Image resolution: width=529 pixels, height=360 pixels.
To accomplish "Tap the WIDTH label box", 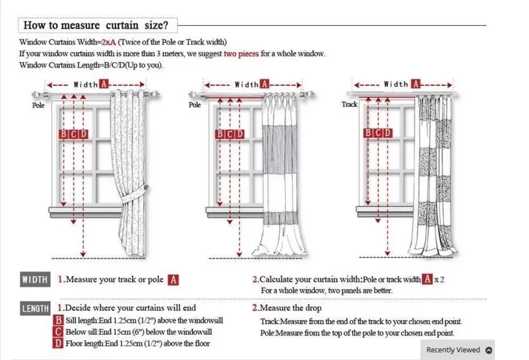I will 35,279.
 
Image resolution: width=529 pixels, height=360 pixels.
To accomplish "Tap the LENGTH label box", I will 35,309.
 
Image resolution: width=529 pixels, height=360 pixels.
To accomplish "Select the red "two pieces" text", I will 242,54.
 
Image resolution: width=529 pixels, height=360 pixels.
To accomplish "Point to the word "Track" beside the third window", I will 350,104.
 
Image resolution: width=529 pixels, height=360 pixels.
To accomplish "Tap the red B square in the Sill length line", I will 59,321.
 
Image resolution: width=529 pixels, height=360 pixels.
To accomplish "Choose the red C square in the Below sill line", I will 59,332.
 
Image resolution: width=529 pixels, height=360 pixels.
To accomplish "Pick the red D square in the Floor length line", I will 59,343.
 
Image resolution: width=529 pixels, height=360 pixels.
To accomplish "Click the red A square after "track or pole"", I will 173,280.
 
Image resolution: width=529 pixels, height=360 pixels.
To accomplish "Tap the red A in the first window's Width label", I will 104,85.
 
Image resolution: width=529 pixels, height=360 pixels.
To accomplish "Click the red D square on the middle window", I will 240,134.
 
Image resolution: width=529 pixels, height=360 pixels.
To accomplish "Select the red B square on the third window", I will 368,133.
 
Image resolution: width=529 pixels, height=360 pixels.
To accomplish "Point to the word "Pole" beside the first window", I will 39,105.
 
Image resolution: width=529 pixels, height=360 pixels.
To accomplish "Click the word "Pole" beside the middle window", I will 195,105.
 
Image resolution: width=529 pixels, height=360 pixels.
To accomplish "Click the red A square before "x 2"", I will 427,279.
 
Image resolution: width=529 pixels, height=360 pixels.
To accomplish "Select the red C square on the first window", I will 74,134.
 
